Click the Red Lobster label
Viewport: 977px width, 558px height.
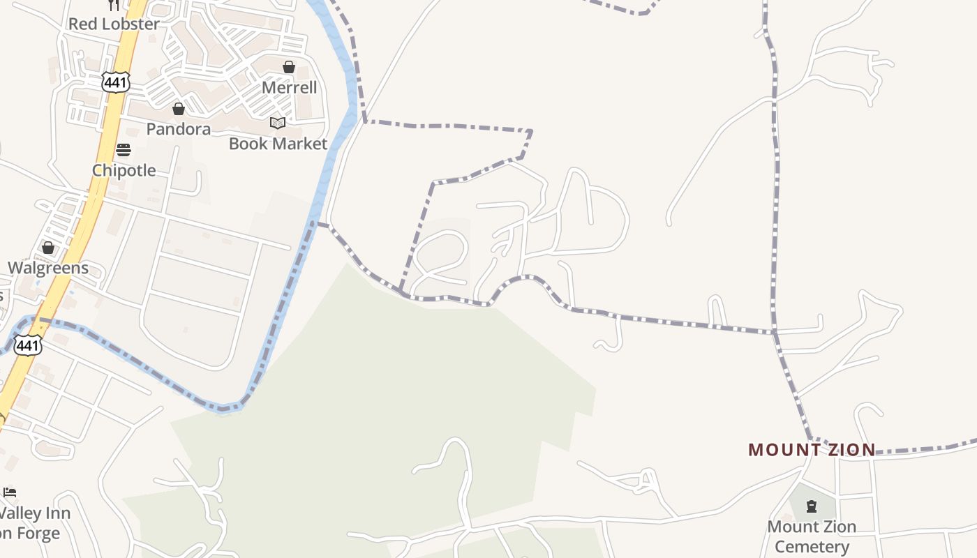[114, 24]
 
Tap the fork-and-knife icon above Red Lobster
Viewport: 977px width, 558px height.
[114, 5]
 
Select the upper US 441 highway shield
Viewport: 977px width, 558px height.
[115, 82]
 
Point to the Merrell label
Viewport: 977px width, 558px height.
[289, 88]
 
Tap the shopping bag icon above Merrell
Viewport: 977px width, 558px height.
[289, 67]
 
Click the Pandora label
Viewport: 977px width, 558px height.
[178, 129]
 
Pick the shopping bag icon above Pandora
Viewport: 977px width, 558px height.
[178, 109]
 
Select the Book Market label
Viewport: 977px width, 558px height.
[278, 144]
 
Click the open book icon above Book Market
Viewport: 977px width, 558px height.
[278, 123]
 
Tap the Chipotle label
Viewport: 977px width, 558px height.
[124, 170]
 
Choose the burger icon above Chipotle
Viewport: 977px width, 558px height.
[124, 150]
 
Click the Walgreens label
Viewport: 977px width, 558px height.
[48, 268]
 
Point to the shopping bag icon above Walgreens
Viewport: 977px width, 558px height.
[48, 248]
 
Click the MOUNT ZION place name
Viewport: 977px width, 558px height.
[812, 450]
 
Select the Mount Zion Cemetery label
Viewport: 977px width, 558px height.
[812, 536]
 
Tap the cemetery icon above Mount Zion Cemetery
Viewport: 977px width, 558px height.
[811, 506]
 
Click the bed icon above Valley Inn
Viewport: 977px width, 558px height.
[10, 493]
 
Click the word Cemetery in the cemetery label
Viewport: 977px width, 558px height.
[812, 546]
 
